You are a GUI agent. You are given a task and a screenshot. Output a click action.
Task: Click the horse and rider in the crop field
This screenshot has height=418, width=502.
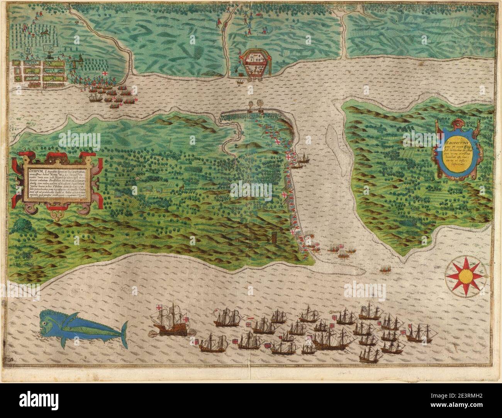(x=46, y=34)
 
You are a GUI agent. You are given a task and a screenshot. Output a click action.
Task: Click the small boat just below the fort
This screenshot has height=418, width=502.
(x=241, y=81)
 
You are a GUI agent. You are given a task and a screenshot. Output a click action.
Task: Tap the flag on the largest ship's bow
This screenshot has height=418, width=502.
(x=159, y=309)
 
